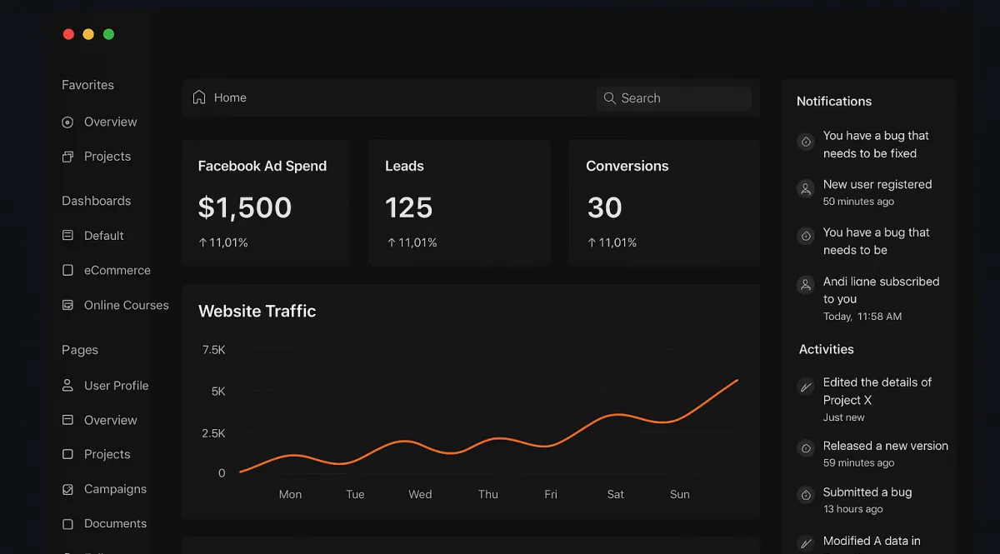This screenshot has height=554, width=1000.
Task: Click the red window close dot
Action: [68, 34]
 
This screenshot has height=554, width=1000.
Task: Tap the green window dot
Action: [108, 34]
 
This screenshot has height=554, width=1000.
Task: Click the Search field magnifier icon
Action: [610, 98]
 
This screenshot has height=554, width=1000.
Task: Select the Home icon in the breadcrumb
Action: [199, 97]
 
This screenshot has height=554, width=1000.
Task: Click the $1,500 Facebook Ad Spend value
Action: [245, 207]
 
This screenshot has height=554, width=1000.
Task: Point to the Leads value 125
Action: [409, 207]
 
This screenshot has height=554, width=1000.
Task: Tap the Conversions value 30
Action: [605, 207]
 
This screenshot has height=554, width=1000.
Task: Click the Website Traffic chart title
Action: [257, 312]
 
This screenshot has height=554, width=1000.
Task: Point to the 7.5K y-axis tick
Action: [213, 350]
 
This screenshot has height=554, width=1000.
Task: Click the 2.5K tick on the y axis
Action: [213, 433]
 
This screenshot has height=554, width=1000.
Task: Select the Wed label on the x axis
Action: [420, 494]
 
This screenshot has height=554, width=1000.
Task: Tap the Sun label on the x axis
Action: [680, 494]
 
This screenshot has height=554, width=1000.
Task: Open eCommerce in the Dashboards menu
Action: [117, 271]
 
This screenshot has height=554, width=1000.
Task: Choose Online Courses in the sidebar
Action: [126, 306]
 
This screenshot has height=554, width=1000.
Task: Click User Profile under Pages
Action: [116, 386]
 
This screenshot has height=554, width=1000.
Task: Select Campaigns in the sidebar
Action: [115, 489]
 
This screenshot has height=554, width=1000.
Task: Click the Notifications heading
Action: [834, 102]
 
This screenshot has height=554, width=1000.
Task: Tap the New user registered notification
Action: [877, 185]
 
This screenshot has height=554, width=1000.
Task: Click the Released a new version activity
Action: [885, 447]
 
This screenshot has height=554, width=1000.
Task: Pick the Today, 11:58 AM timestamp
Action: [862, 317]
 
